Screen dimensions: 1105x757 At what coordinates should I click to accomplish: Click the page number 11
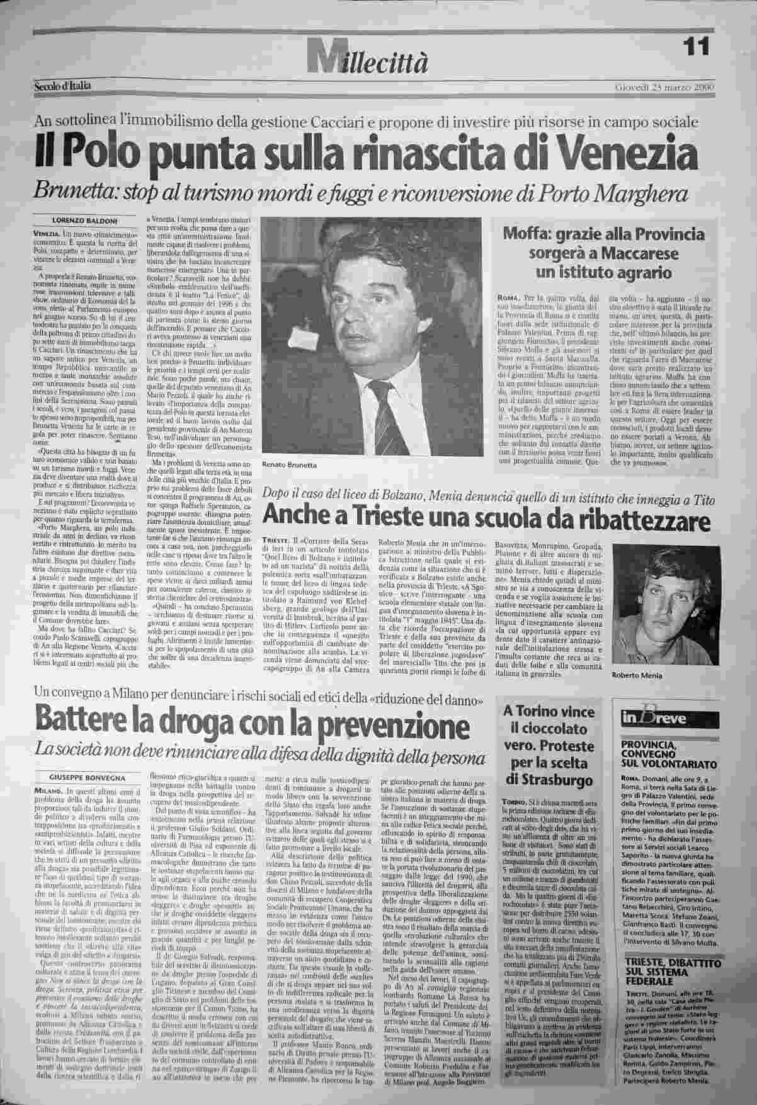point(695,45)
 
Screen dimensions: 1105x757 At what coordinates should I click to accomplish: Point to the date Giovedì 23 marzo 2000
point(663,87)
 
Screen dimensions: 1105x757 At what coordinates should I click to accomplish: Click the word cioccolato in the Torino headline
point(548,727)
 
